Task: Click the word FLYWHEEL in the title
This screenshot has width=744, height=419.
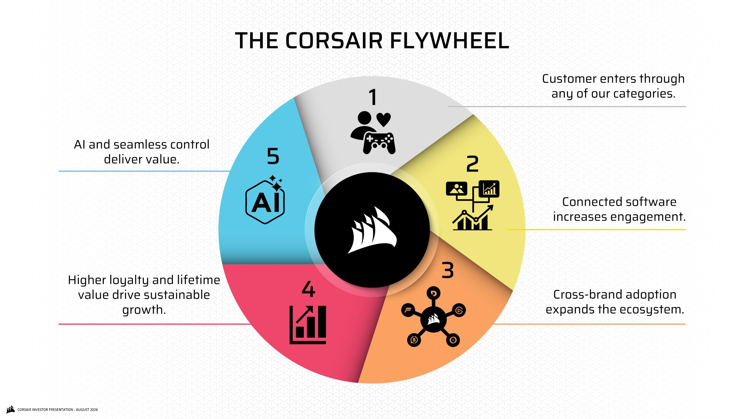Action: point(449,40)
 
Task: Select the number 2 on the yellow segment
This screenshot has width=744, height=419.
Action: point(472,164)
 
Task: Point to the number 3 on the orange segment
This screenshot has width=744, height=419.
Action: point(447,270)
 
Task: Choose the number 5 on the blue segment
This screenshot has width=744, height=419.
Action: point(273,156)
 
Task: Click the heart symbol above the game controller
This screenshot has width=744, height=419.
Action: point(384,119)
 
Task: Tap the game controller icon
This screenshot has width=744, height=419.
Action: point(379,143)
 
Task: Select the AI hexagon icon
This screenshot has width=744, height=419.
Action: point(265,199)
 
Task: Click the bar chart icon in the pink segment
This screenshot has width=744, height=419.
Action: point(308,325)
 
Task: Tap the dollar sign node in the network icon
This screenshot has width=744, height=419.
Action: point(414,340)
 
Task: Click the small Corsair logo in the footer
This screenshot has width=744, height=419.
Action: point(10,410)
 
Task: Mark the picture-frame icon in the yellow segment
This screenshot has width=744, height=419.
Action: point(456,189)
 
